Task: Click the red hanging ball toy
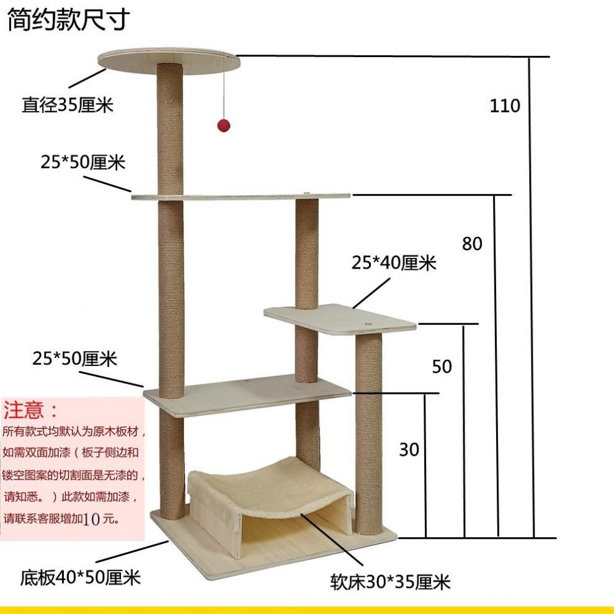point(223,125)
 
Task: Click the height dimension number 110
point(505,106)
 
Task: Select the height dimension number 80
point(472,244)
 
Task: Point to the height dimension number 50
point(442,367)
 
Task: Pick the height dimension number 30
point(409,449)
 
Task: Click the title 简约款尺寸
point(68,20)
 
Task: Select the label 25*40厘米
point(394,263)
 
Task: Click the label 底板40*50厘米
point(81,578)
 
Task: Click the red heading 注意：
point(31,410)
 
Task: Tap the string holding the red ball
point(223,87)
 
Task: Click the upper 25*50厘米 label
point(83,162)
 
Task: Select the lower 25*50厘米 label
point(75,358)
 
